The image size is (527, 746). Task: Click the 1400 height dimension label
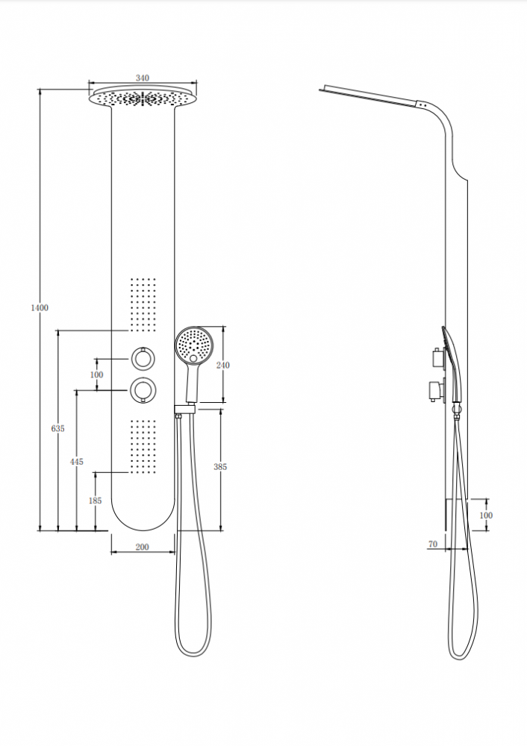pos(40,308)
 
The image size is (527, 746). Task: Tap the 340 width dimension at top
pos(143,78)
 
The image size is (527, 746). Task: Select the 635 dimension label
pos(57,429)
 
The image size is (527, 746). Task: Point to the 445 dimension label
pos(77,462)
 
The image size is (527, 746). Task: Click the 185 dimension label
pos(96,501)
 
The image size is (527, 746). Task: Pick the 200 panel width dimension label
pos(143,547)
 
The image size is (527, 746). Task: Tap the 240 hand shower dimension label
pos(222,365)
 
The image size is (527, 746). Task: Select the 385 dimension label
pos(220,467)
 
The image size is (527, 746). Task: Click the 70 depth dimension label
pos(433,544)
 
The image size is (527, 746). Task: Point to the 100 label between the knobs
pos(96,375)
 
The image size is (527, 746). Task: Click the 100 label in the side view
pos(486,515)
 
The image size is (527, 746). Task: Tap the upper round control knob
pos(143,358)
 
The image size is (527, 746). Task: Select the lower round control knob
pos(143,390)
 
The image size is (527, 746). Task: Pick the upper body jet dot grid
pos(143,304)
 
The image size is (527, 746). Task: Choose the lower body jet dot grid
pos(143,446)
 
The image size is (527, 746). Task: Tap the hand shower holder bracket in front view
pos(185,409)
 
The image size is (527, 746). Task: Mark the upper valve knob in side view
pos(437,357)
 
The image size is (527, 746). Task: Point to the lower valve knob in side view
pos(437,391)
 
